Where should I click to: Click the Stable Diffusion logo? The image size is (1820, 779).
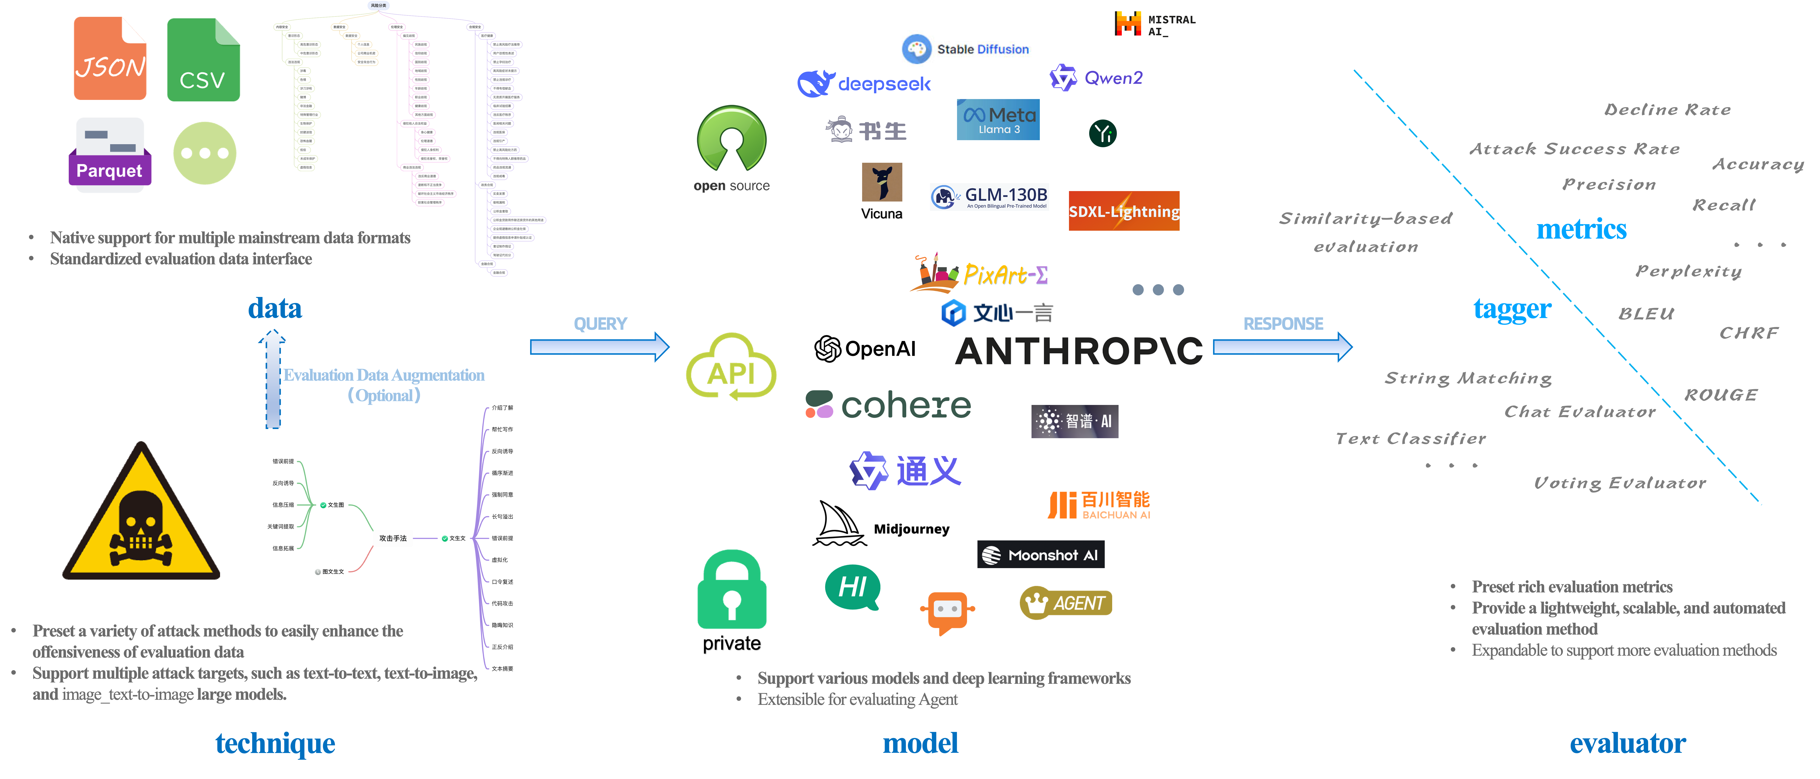click(968, 47)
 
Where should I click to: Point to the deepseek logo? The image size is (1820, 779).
click(863, 84)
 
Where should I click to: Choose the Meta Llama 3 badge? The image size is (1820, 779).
click(998, 120)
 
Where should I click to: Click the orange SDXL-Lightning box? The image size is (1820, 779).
click(1123, 211)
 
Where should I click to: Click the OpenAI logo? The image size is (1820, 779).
click(865, 348)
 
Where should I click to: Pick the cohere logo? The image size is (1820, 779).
click(888, 404)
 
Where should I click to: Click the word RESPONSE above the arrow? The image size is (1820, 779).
click(1283, 324)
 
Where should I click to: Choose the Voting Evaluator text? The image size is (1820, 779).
click(1619, 483)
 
